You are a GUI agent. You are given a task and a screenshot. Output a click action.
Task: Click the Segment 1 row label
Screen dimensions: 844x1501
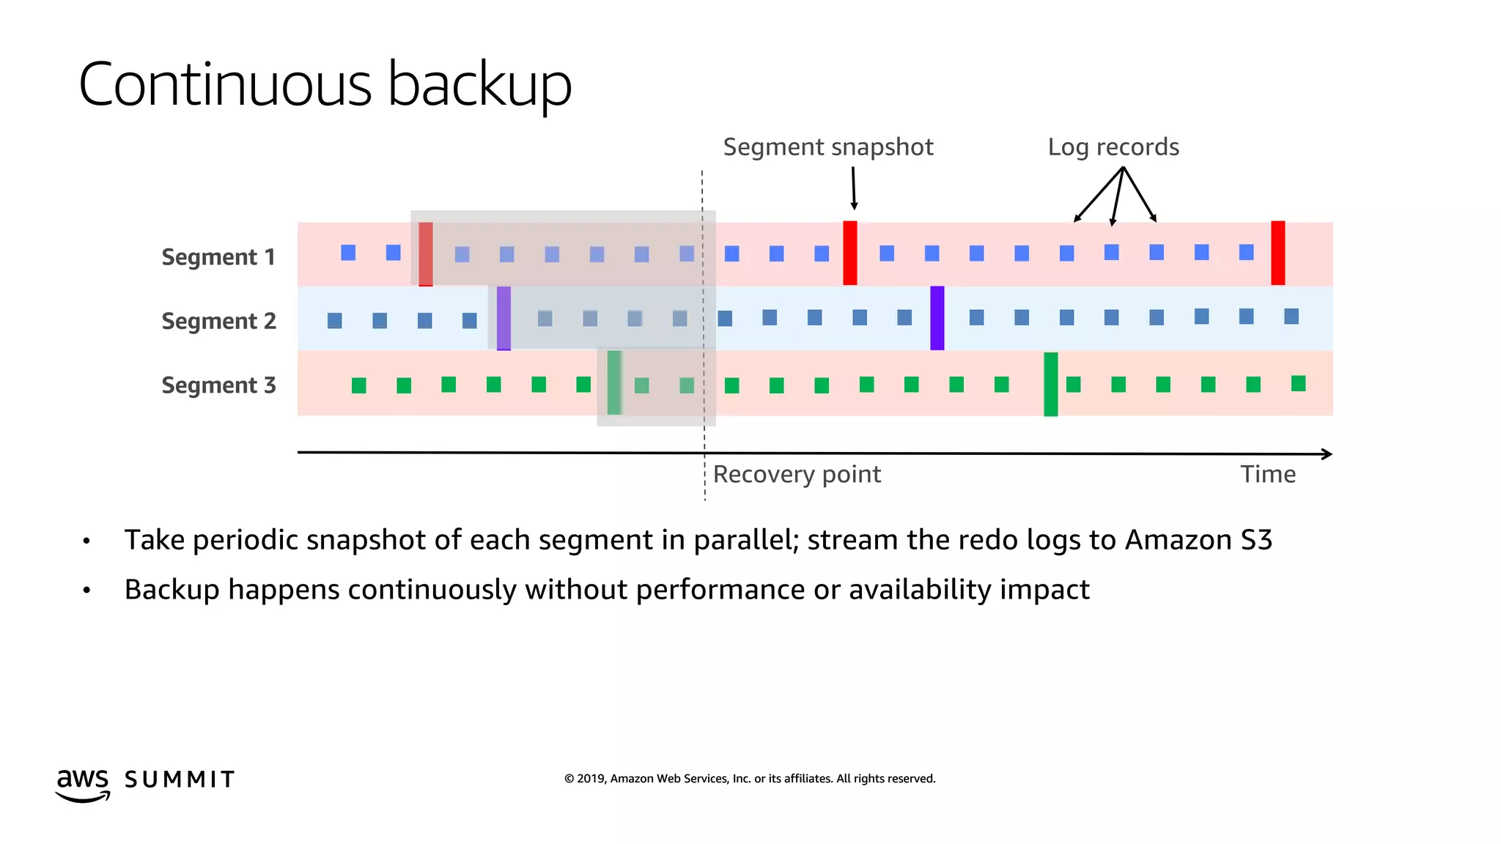[x=218, y=257]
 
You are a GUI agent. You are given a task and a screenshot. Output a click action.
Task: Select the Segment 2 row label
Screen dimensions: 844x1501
[x=218, y=321]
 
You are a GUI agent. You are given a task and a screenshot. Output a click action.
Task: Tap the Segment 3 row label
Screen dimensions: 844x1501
[x=218, y=385]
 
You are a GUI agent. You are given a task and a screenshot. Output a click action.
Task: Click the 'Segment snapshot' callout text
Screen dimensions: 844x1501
[x=827, y=147]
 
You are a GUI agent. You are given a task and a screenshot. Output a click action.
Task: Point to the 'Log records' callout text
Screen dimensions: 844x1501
[x=1113, y=147]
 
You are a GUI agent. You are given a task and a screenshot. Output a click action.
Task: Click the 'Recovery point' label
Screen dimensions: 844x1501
[x=797, y=475]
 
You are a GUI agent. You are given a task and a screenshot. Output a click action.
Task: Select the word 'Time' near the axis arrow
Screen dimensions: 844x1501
[x=1267, y=475]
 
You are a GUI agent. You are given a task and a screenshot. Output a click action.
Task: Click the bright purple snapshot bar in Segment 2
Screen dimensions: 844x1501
[x=937, y=318]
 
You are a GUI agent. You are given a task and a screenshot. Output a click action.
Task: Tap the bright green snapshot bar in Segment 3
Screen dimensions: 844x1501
[x=1050, y=384]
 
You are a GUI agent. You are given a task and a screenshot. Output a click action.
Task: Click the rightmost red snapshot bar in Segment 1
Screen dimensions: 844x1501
[x=1277, y=253]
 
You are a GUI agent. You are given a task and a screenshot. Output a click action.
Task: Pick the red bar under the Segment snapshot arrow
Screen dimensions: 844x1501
[x=849, y=253]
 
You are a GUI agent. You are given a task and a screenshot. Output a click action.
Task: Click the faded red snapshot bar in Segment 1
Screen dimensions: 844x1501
[x=425, y=253]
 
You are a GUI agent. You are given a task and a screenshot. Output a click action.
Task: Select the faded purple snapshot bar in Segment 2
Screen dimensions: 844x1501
[x=504, y=318]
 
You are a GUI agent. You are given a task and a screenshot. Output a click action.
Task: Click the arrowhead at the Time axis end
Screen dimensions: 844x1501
[x=1327, y=454]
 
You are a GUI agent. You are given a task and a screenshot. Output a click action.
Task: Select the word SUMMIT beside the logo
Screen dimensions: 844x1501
[x=180, y=780]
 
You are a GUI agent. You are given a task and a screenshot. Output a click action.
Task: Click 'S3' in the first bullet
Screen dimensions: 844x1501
[x=1256, y=540]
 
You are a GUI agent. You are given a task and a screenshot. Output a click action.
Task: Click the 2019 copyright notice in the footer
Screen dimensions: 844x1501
[x=749, y=779]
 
